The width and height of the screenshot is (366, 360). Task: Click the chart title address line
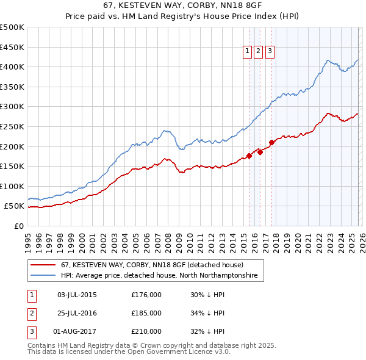pyautogui.click(x=183, y=5)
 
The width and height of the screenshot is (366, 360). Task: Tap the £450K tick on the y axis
pyautogui.click(x=12, y=47)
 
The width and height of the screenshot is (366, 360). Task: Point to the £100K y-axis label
pyautogui.click(x=12, y=186)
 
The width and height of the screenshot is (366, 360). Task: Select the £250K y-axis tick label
pyautogui.click(x=12, y=126)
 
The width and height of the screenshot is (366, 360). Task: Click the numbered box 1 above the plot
pyautogui.click(x=248, y=52)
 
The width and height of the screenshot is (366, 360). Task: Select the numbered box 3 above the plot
pyautogui.click(x=270, y=52)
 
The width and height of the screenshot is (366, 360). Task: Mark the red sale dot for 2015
pyautogui.click(x=249, y=156)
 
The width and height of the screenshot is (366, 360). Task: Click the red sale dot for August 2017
pyautogui.click(x=271, y=142)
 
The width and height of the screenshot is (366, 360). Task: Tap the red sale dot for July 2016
pyautogui.click(x=260, y=152)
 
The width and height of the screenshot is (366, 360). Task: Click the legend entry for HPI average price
pyautogui.click(x=159, y=276)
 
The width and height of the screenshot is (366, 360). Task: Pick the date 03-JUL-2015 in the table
pyautogui.click(x=76, y=295)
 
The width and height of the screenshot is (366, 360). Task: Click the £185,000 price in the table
pyautogui.click(x=146, y=313)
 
